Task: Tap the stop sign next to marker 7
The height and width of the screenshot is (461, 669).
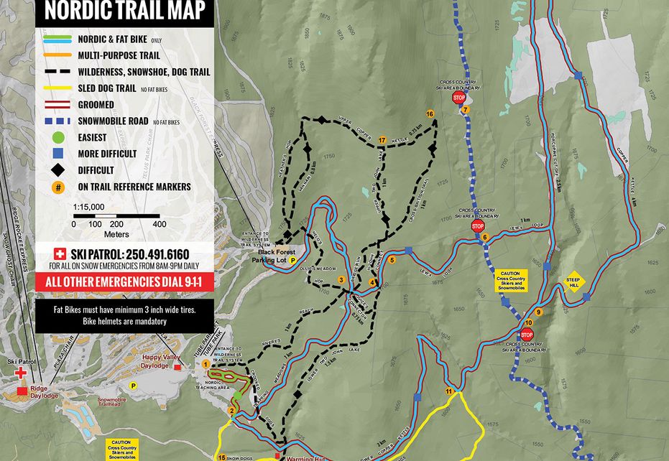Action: tap(459, 98)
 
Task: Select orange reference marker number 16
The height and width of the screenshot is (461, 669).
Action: tap(430, 114)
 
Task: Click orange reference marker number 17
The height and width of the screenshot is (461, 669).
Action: tap(382, 139)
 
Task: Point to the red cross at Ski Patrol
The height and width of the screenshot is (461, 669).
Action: tap(22, 373)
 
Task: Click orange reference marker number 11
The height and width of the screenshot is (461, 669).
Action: tap(450, 391)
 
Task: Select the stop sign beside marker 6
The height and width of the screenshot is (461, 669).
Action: tap(478, 226)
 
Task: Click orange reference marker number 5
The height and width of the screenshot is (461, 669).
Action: tap(392, 261)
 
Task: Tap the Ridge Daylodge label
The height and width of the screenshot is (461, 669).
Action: tap(44, 392)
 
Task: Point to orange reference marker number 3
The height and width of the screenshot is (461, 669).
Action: tap(342, 279)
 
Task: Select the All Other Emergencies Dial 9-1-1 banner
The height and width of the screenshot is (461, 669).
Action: tap(124, 281)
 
